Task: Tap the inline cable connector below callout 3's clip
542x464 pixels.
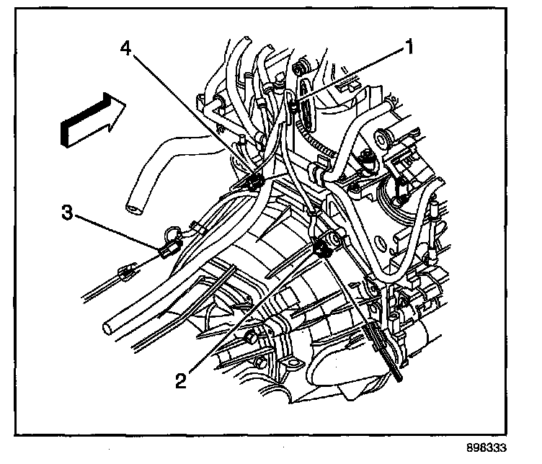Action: tap(126, 272)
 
